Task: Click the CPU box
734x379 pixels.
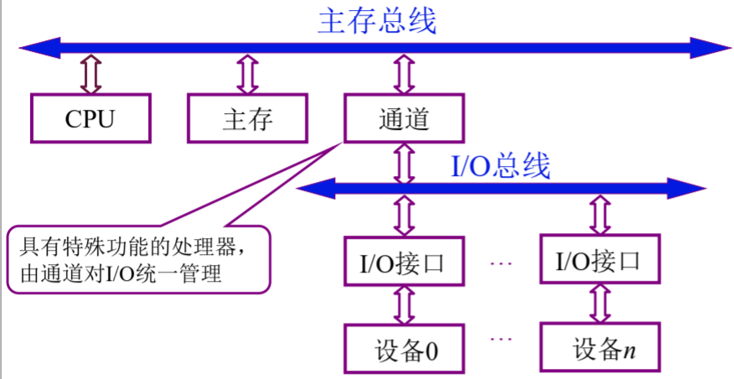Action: [x=90, y=118]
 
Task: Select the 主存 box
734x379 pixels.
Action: [x=247, y=118]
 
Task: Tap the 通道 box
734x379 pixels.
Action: [x=404, y=118]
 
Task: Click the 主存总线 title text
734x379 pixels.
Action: [x=376, y=20]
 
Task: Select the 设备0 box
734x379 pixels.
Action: [x=405, y=348]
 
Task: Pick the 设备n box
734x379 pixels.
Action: [x=600, y=348]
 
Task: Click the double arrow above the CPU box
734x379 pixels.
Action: [x=90, y=74]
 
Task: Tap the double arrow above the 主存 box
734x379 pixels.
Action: [x=247, y=74]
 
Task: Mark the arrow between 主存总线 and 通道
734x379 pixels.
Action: [x=404, y=74]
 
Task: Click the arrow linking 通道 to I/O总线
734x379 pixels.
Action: [x=405, y=162]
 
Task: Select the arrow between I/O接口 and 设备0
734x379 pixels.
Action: [x=405, y=304]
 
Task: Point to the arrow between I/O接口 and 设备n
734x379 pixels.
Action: [x=600, y=304]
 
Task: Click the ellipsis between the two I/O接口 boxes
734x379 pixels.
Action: [x=500, y=262]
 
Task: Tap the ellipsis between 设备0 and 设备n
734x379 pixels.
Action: [x=500, y=340]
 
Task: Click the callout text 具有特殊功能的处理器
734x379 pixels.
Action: [x=133, y=248]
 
